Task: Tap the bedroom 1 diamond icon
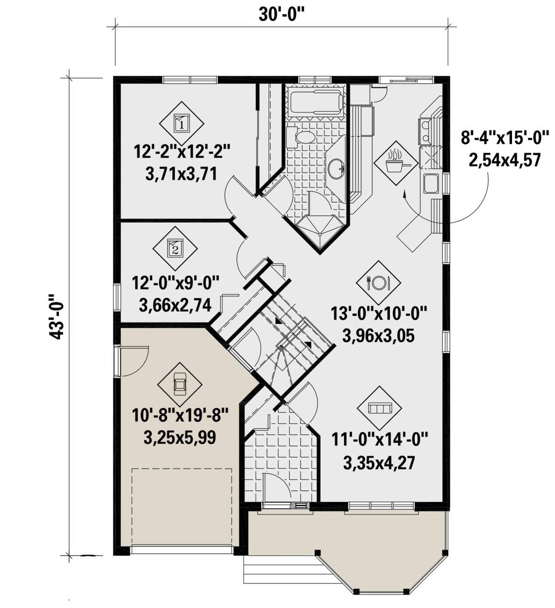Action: [x=181, y=123]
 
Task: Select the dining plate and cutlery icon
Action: [x=379, y=282]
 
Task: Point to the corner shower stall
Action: [x=319, y=227]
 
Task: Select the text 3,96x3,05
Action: [x=378, y=335]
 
